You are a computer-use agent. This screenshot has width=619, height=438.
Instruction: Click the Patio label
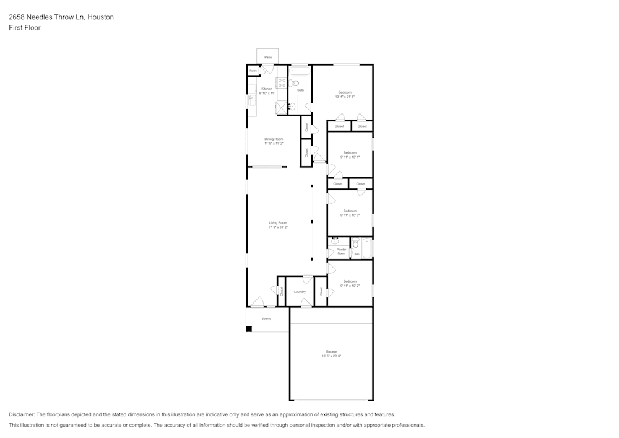pos(267,57)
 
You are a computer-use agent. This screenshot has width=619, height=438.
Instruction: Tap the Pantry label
pos(253,71)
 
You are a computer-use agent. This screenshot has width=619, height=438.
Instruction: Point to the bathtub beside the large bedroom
pos(300,71)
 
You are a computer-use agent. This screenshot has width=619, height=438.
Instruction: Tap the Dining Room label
pos(274,139)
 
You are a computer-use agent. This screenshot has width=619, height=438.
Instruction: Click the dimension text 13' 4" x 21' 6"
pos(345,97)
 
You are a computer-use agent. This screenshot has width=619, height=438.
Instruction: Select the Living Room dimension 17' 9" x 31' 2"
pos(278,227)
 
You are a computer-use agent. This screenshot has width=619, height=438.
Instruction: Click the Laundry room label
pos(300,292)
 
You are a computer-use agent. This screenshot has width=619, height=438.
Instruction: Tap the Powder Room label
pos(341,251)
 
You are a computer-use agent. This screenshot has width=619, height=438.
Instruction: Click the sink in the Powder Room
pos(335,241)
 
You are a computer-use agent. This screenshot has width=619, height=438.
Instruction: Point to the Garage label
pos(331,351)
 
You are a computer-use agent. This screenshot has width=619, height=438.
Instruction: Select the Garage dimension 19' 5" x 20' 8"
pos(331,356)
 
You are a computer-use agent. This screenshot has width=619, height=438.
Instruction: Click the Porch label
pos(266,319)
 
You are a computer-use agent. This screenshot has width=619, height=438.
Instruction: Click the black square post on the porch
pos(249,329)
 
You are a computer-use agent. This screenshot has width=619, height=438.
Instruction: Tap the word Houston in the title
pos(100,17)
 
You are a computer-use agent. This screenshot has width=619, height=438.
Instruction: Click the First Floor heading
pos(25,28)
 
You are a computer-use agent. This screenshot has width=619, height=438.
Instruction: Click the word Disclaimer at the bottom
pos(22,414)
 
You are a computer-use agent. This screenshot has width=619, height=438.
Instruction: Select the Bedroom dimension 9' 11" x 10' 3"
pos(350,216)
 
